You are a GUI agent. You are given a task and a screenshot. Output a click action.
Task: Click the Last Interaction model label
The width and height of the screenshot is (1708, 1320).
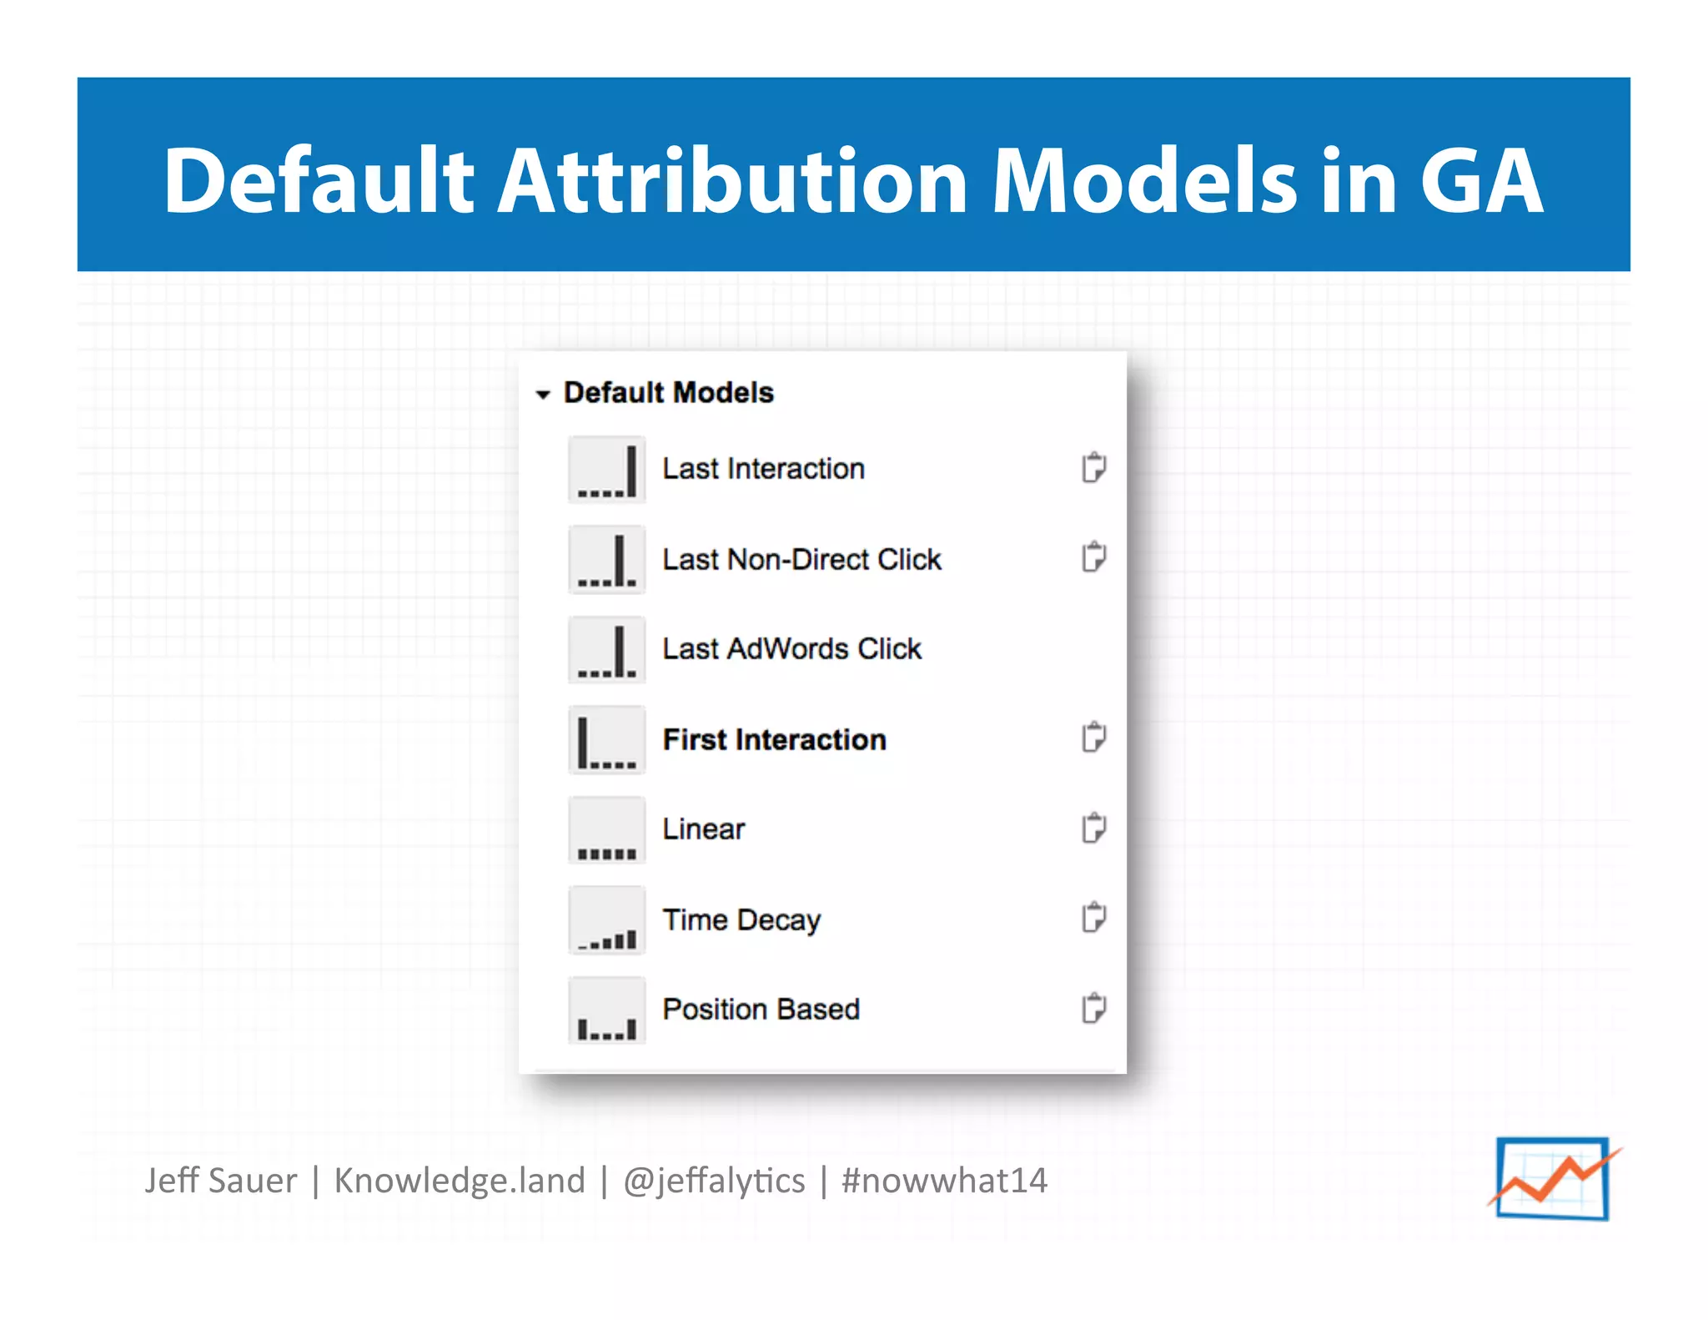pos(763,469)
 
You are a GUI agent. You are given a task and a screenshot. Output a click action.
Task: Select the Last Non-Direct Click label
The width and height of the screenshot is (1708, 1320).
pos(801,559)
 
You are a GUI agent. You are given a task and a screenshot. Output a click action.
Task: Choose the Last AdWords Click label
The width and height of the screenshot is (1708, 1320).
pos(791,648)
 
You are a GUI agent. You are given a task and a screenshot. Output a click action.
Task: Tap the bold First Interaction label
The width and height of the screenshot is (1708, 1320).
pos(774,739)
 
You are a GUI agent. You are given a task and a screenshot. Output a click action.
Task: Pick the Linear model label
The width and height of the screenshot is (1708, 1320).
pos(703,829)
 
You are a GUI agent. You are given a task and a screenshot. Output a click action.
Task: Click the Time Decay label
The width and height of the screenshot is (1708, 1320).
pos(741,919)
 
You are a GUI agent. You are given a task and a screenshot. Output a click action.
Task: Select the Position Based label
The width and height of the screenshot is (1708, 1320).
pos(761,1009)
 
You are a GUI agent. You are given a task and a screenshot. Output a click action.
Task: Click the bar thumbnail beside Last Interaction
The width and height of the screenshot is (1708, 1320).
pos(606,470)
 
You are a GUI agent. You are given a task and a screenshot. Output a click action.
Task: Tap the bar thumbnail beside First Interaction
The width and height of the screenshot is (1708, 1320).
pos(606,740)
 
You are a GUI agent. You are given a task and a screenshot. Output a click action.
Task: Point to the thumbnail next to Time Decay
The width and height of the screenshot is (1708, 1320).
pos(606,920)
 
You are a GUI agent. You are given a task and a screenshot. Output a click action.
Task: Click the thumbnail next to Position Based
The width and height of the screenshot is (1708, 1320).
pos(606,1010)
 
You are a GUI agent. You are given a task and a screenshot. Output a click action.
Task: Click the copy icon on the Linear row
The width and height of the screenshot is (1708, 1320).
pos(1093,828)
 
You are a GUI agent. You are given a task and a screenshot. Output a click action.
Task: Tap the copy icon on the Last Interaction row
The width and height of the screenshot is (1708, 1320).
pos(1093,467)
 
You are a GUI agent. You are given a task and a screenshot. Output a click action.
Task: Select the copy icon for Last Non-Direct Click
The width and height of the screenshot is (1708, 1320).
pos(1093,557)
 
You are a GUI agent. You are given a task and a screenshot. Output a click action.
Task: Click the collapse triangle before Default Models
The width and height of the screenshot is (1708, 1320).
pos(543,394)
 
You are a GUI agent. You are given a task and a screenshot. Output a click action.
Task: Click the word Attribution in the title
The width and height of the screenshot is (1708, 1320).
pos(732,180)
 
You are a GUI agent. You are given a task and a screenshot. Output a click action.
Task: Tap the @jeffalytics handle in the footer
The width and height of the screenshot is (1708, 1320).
pos(714,1181)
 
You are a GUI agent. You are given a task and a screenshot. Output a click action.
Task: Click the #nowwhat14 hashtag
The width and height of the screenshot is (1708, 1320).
pos(944,1181)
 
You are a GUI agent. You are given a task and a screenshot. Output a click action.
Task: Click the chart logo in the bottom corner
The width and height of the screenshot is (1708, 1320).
pos(1553,1179)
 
